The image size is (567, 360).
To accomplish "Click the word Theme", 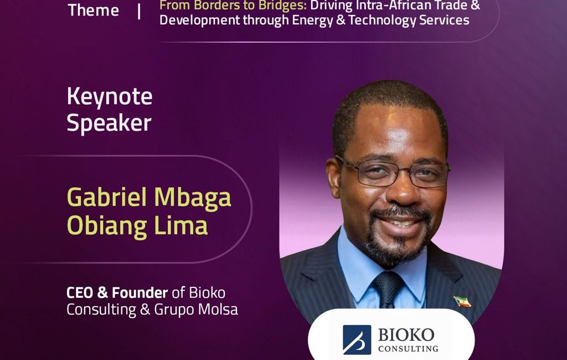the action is point(93,10).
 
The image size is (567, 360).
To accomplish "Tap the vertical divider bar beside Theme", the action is point(139,11).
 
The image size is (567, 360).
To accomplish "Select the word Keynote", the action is point(110,97).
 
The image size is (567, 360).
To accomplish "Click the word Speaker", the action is point(109,123).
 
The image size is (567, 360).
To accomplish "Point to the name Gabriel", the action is point(107,197).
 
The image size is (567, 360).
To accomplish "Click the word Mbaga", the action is point(193,198).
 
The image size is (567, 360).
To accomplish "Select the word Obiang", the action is point(107,226).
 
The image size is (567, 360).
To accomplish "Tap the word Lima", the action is point(181,225).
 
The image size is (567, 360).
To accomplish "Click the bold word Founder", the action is point(140,292).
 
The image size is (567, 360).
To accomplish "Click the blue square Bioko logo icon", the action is point(357,340).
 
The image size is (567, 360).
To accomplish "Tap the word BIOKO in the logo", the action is point(406,335).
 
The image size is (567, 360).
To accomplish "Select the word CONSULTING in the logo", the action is point(408,349).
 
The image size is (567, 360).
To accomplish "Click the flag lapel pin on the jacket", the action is point(462,301).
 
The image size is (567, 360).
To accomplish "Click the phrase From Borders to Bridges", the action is point(233,5).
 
